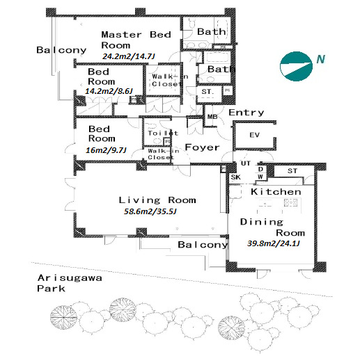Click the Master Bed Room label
[136, 40]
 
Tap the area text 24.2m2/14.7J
[129, 56]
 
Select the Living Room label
[157, 200]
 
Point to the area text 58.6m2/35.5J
[150, 211]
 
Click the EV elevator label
[254, 135]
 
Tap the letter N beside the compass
[321, 59]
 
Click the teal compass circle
[296, 66]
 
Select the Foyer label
[202, 147]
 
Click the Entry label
[246, 113]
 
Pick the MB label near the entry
[212, 117]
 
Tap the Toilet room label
[163, 133]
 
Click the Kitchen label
[276, 192]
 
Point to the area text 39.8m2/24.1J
[274, 243]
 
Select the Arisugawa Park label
[70, 283]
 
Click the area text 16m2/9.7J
[106, 150]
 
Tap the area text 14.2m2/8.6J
[109, 91]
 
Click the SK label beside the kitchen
[236, 177]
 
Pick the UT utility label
[246, 163]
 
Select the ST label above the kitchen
[292, 171]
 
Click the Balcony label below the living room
[203, 245]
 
